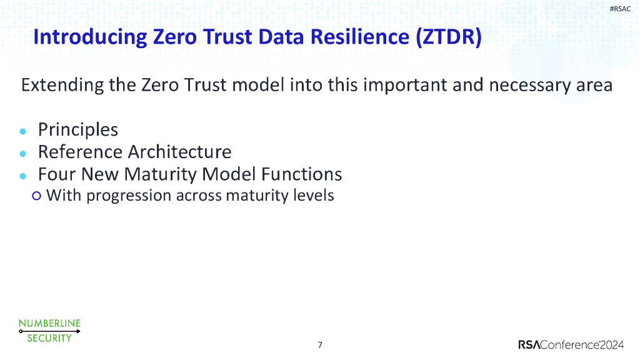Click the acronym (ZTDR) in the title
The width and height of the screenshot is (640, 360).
[447, 37]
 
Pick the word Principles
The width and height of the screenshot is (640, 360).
[78, 130]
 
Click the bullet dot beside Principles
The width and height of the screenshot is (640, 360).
[23, 132]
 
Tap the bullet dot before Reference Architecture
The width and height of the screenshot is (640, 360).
[23, 154]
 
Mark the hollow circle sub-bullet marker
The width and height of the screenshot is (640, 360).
[36, 196]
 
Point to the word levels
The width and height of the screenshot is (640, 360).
[313, 196]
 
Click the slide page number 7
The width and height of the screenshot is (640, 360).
[320, 345]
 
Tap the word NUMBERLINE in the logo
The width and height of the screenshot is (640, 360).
[49, 323]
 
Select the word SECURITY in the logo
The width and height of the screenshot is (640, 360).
[49, 338]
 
